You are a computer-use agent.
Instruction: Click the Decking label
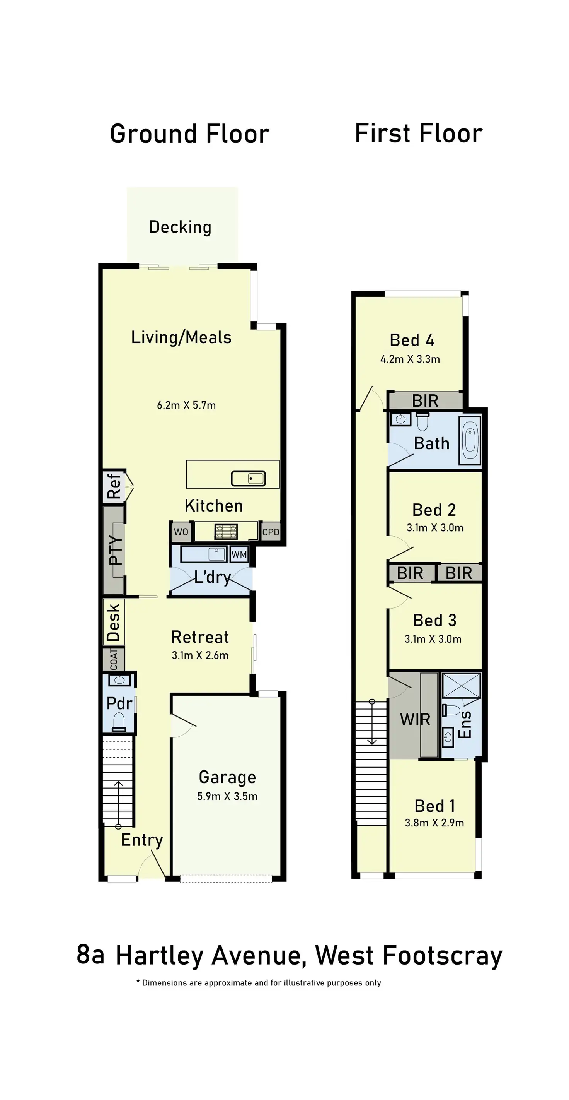[180, 227]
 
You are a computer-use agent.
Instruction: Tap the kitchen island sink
[248, 478]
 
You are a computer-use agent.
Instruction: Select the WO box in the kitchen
[181, 532]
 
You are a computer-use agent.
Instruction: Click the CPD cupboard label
[271, 532]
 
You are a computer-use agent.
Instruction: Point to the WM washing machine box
[239, 554]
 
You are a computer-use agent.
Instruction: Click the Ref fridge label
[114, 486]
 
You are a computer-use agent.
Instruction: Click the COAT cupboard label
[114, 659]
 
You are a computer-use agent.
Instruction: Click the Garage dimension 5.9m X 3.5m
[227, 796]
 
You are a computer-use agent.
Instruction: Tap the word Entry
[141, 840]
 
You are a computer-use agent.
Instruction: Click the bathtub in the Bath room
[470, 440]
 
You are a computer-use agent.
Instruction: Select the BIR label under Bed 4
[425, 401]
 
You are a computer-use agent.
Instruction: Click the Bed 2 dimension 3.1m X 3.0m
[434, 527]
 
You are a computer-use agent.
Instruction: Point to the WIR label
[415, 720]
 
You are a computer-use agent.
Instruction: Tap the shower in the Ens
[461, 686]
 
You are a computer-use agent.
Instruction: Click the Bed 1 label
[434, 806]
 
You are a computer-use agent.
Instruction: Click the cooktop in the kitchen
[226, 532]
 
